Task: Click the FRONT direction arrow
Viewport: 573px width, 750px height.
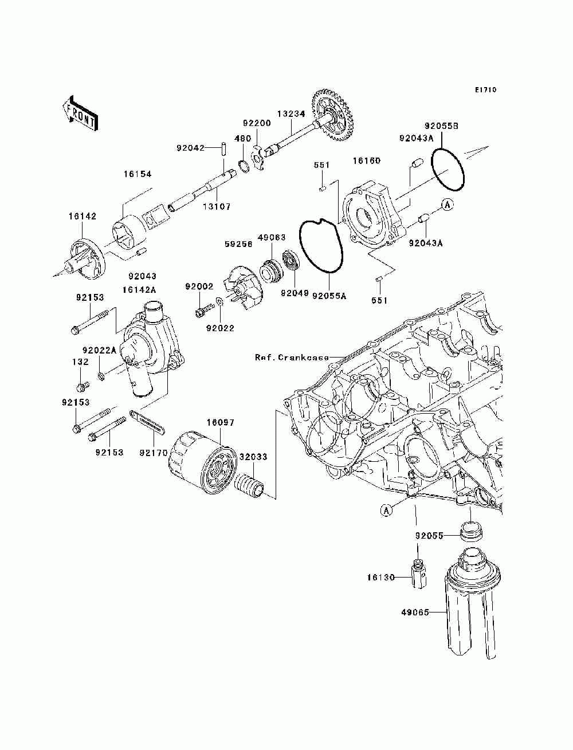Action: [x=80, y=113]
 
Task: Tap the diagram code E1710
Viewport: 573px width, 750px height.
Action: [x=485, y=90]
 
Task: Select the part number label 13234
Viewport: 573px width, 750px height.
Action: [x=291, y=114]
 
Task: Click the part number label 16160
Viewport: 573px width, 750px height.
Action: [x=367, y=160]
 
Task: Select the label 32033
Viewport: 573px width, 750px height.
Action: [x=253, y=457]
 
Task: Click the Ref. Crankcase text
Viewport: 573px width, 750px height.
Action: [x=292, y=358]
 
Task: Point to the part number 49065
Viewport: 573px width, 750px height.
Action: [x=415, y=612]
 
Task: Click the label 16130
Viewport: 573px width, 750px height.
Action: [x=381, y=578]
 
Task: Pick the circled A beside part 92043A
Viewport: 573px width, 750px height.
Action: [x=448, y=205]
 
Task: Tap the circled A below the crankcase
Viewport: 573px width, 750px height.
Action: [x=386, y=520]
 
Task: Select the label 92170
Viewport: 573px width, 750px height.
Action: [x=154, y=453]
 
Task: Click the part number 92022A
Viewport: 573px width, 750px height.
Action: [x=100, y=350]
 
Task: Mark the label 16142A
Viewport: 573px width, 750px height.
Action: [x=139, y=290]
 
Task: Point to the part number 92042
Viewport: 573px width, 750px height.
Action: [x=190, y=148]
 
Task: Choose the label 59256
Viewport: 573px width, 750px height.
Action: [x=238, y=244]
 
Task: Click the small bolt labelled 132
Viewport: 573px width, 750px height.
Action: [x=82, y=386]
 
